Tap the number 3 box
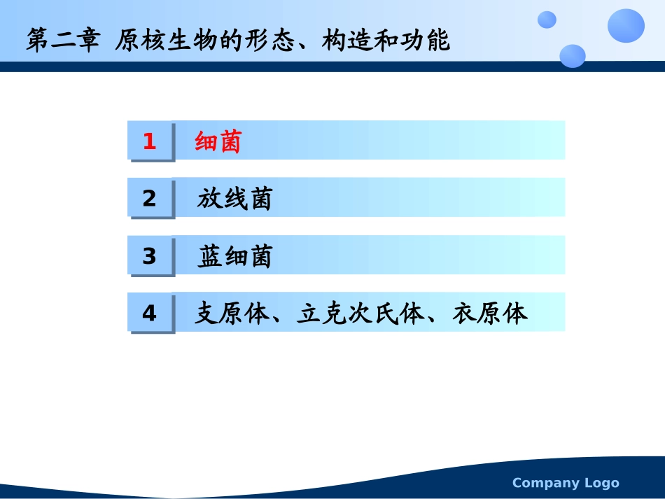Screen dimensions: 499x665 pyautogui.click(x=149, y=257)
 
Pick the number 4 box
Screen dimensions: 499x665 pyautogui.click(x=149, y=314)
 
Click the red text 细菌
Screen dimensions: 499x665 pyautogui.click(x=218, y=142)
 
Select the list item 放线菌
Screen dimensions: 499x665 pyautogui.click(x=234, y=199)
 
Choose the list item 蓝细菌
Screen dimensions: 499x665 pyautogui.click(x=234, y=257)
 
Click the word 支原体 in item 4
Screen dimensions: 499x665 pyautogui.click(x=232, y=314)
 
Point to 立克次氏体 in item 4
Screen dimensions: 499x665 pyautogui.click(x=360, y=314)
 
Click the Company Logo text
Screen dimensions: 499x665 pyautogui.click(x=566, y=483)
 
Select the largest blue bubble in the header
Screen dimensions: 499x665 pyautogui.click(x=626, y=26)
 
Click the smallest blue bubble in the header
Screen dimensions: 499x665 pyautogui.click(x=547, y=20)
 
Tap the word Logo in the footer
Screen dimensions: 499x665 pyautogui.click(x=601, y=483)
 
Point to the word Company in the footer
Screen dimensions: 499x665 pyautogui.click(x=547, y=483)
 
